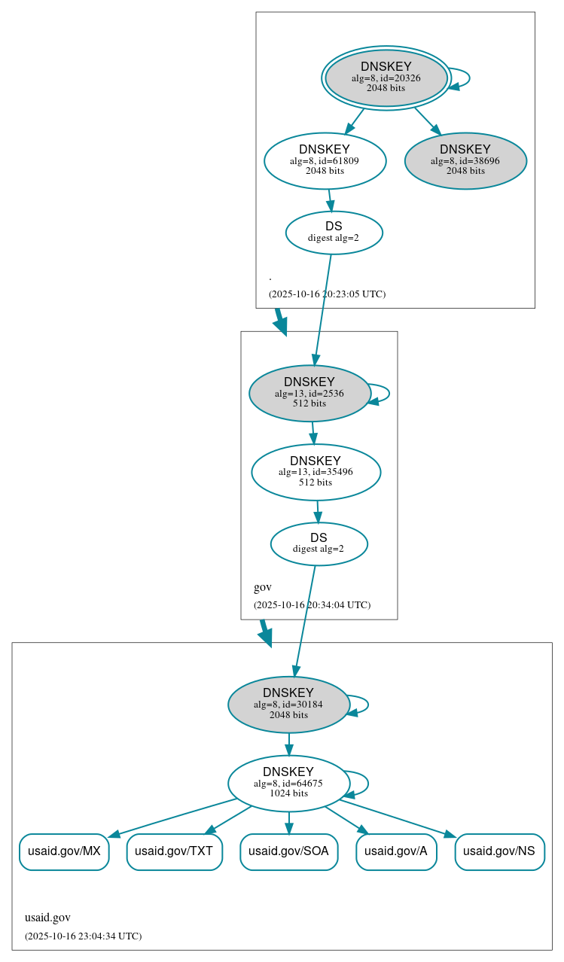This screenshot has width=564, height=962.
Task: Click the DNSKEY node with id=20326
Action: (386, 78)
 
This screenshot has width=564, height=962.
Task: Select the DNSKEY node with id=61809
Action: (325, 160)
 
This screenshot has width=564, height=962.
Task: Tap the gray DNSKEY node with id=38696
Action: (465, 160)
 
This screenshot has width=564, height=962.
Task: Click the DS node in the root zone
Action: (334, 233)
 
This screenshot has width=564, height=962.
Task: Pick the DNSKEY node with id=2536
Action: (309, 393)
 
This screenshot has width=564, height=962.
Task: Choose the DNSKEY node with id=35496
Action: (316, 472)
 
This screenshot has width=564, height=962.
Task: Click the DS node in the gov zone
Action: (319, 543)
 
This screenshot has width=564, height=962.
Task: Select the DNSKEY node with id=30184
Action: (288, 705)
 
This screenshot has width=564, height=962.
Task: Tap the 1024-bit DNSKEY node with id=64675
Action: (288, 783)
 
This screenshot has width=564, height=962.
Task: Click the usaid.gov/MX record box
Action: (64, 851)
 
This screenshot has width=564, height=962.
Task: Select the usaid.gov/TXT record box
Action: (174, 851)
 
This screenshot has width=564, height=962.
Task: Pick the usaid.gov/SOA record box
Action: (288, 851)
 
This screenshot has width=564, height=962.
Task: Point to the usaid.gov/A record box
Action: (396, 851)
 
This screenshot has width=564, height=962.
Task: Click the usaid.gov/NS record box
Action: (499, 851)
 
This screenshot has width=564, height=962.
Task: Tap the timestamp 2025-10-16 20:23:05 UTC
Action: (327, 294)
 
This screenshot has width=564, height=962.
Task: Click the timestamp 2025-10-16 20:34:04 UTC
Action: (312, 604)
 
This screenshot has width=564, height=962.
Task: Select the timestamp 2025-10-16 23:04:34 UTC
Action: (83, 936)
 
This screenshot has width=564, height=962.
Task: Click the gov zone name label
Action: (262, 587)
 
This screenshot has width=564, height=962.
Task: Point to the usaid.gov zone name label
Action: (47, 917)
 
